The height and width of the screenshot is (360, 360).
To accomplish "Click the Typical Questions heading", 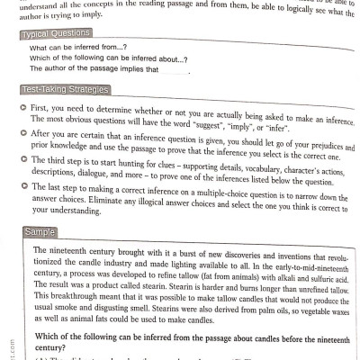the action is click(x=64, y=34).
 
